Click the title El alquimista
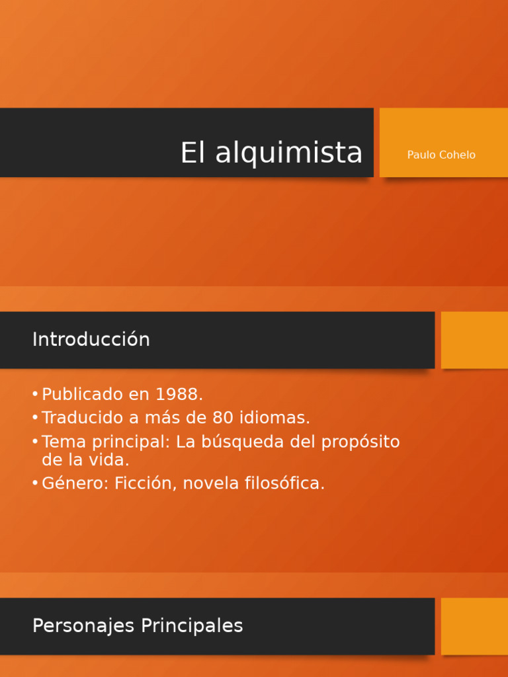[271, 153]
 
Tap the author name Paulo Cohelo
[441, 155]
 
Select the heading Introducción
[91, 340]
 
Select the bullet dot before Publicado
[34, 395]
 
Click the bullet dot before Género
[34, 483]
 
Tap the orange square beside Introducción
[474, 340]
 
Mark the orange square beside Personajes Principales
[474, 626]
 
